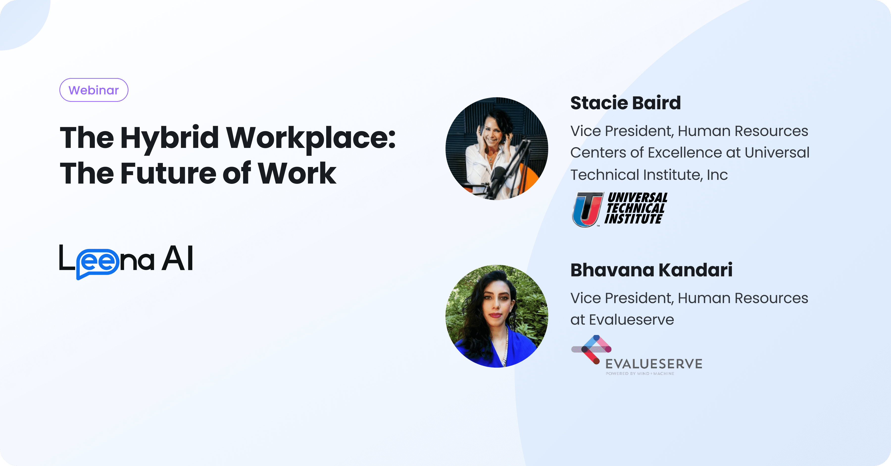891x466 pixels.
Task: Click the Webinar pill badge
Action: tap(94, 90)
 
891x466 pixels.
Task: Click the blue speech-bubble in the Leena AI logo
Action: tap(98, 263)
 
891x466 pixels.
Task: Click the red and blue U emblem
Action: tap(587, 209)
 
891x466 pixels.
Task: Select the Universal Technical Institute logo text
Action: tap(636, 208)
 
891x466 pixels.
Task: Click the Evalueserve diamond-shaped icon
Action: tap(592, 349)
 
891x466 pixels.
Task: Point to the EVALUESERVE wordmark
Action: tap(654, 364)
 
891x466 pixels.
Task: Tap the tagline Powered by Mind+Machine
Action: tap(640, 374)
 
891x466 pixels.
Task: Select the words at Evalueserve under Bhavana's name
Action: tap(622, 320)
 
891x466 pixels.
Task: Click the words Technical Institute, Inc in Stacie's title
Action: tap(649, 175)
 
